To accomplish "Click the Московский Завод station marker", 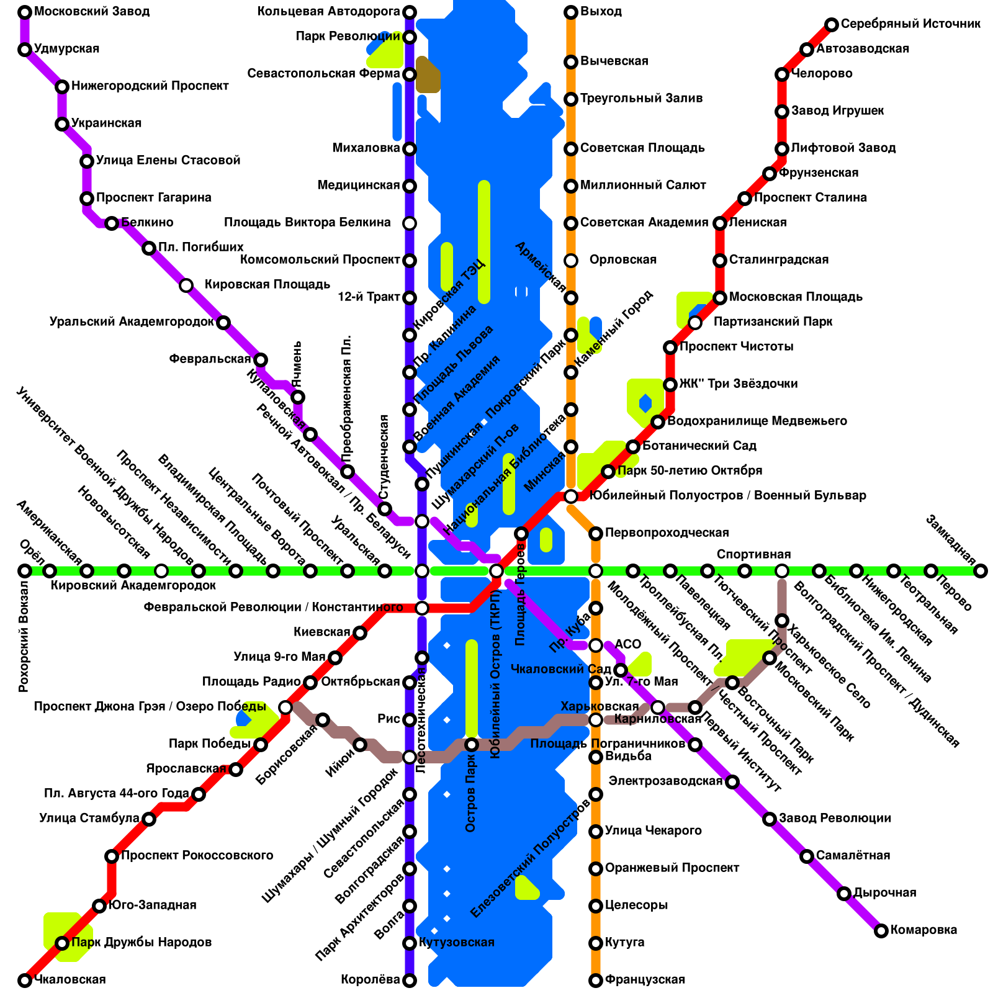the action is point(25,12).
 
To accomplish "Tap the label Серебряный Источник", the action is point(910,24).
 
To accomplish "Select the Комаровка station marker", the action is point(881,931).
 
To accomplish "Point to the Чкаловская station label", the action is point(70,980).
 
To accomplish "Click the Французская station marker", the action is point(596,981).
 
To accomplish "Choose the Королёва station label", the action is point(371,980).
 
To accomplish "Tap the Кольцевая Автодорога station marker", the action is point(410,12).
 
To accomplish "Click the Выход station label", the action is point(601,12).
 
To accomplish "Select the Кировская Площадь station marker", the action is point(186,285).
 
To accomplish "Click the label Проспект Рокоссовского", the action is point(197,856).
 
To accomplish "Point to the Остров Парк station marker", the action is point(472,745).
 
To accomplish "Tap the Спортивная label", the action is point(753,554).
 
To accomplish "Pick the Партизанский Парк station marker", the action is point(695,323).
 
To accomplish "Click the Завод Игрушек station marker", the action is point(782,112).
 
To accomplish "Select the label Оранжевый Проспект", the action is point(672,868).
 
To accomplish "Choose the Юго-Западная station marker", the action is point(99,906).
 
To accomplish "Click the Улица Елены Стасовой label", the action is point(168,161).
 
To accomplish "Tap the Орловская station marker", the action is point(571,261).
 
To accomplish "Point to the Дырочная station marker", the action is point(844,894).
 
